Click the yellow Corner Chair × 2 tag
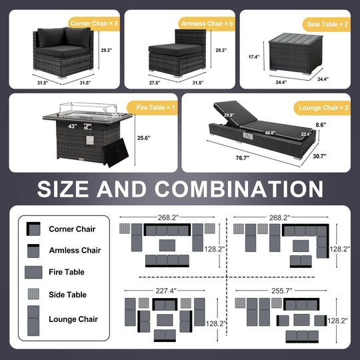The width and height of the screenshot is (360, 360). tap(94, 23)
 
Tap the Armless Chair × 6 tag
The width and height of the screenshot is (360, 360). tap(207, 23)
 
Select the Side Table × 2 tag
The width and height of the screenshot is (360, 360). tap(327, 25)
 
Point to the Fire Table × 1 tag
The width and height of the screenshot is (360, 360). tap(153, 107)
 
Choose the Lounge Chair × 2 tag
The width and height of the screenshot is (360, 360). tap(323, 108)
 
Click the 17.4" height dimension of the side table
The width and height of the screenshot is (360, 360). tap(254, 57)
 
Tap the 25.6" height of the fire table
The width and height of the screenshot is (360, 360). tap(144, 138)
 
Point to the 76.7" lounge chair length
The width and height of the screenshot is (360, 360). tap(243, 158)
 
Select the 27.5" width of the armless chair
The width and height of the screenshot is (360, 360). tap(155, 83)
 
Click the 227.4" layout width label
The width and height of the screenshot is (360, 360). tap(166, 291)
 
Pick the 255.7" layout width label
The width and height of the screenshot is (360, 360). tap(282, 291)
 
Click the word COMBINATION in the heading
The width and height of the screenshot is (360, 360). tap(239, 189)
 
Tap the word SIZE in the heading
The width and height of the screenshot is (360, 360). tap(63, 189)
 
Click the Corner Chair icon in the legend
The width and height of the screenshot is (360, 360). tap(33, 229)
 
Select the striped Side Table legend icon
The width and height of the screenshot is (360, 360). tap(33, 294)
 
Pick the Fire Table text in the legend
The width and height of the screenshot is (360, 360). tap(67, 272)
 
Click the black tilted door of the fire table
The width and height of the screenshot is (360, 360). tap(115, 153)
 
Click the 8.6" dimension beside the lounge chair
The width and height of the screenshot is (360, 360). tap(321, 125)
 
